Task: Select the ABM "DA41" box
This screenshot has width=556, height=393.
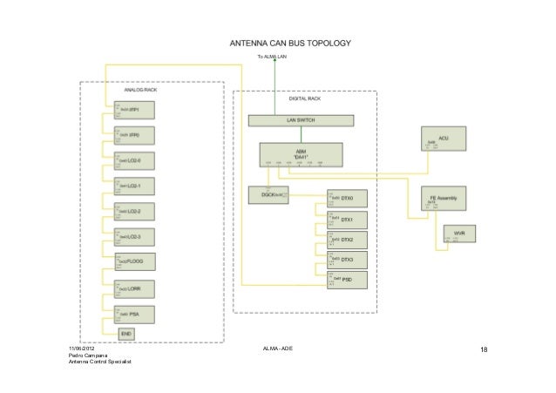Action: [301, 154]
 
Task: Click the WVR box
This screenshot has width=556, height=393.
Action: [459, 236]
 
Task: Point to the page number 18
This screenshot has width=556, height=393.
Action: [485, 351]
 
